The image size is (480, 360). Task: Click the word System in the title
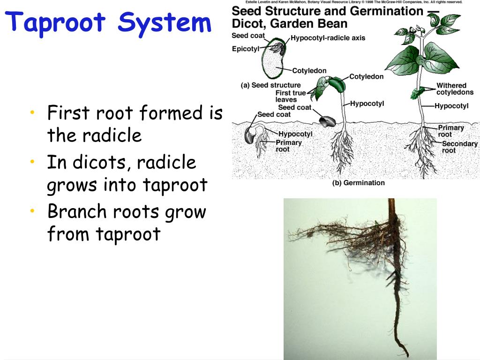coord(165,22)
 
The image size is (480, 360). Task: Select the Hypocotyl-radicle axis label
coord(328,38)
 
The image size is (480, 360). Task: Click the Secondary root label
coord(459,147)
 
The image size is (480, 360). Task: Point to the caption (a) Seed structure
coord(270,85)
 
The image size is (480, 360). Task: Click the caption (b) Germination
coord(358,183)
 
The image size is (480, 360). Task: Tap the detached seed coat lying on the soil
coord(326,121)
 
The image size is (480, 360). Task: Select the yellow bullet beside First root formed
coord(32,112)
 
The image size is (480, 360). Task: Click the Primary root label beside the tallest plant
coord(450,131)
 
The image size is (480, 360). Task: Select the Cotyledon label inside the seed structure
coord(309,71)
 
